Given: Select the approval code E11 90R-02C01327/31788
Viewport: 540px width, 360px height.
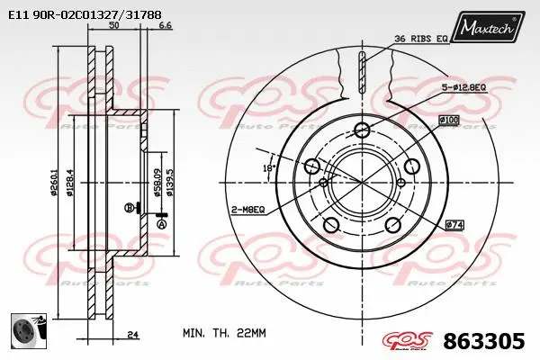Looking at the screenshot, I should pyautogui.click(x=85, y=15).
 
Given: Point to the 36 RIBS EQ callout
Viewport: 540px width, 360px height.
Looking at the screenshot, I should pyautogui.click(x=420, y=39).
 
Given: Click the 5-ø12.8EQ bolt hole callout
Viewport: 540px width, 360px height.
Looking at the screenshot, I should pyautogui.click(x=463, y=88).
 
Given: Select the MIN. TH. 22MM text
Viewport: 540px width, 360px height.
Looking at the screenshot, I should pyautogui.click(x=224, y=332).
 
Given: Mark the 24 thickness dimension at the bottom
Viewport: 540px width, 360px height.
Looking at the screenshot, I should pyautogui.click(x=132, y=335).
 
